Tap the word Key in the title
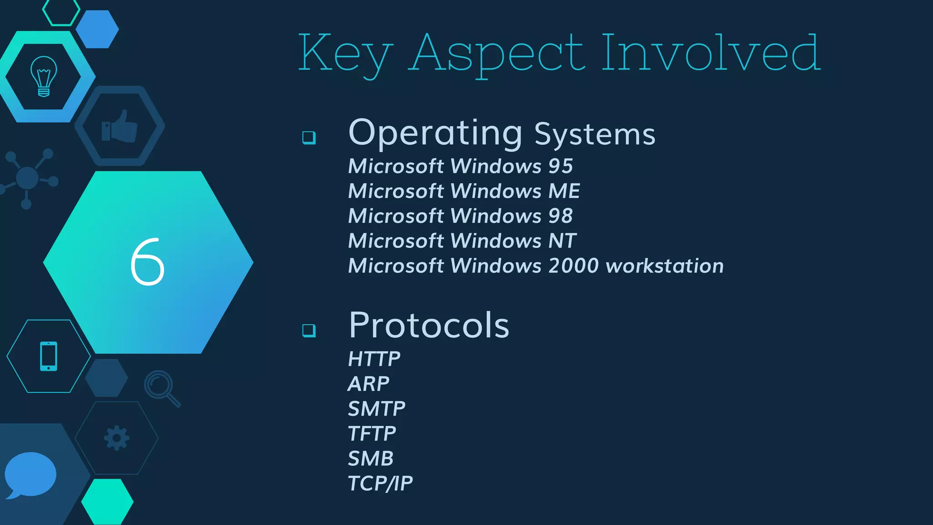tap(345, 54)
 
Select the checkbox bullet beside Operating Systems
tap(309, 137)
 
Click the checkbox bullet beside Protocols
tap(309, 330)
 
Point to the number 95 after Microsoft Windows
tap(560, 166)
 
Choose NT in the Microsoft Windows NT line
tap(562, 241)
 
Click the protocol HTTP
tap(374, 359)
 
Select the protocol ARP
tap(368, 384)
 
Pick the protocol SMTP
tap(376, 409)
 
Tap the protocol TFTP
tap(372, 434)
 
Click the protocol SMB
tap(370, 458)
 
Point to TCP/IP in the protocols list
tap(380, 484)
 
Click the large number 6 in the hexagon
tap(147, 262)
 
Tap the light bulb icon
tap(44, 76)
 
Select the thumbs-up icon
tap(119, 127)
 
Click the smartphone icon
tap(49, 356)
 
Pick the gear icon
tap(117, 438)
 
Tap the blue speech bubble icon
tap(30, 474)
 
